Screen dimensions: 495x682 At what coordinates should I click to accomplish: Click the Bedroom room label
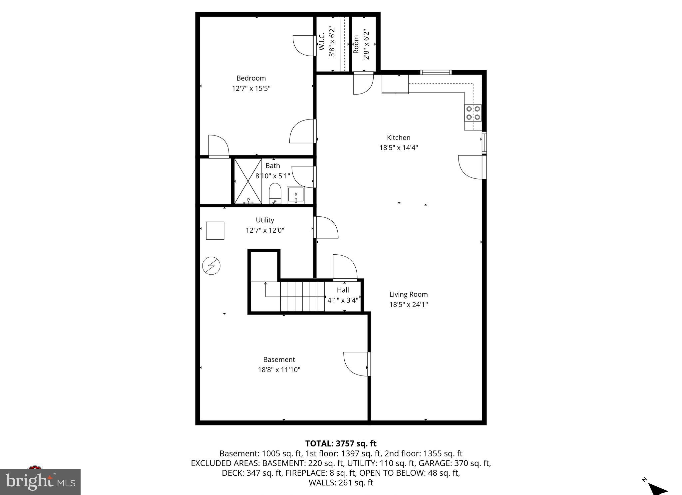(x=251, y=78)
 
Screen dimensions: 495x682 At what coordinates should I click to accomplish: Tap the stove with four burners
(x=473, y=113)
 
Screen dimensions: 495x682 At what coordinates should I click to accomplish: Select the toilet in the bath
(x=275, y=193)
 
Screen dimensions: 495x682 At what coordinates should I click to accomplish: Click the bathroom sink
(x=296, y=195)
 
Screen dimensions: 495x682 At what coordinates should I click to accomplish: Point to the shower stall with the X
(x=248, y=181)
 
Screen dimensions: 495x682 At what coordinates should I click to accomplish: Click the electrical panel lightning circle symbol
(x=211, y=266)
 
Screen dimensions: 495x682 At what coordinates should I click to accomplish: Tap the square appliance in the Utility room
(x=215, y=230)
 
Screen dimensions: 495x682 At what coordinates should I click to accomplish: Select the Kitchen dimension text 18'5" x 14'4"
(x=398, y=147)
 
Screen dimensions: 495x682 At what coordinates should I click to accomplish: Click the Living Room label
(x=408, y=294)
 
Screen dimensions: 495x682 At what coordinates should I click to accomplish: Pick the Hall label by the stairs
(x=343, y=290)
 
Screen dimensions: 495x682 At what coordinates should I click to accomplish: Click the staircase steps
(x=302, y=296)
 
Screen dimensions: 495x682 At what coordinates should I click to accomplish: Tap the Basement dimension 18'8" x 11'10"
(x=279, y=370)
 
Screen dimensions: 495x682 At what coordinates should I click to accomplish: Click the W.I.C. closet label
(x=322, y=42)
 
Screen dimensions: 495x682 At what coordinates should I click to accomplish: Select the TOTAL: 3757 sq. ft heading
(x=341, y=443)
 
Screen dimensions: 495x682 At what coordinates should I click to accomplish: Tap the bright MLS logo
(x=40, y=482)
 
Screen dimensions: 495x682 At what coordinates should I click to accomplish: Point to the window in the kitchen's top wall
(x=436, y=72)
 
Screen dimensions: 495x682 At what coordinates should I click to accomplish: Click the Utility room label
(x=265, y=220)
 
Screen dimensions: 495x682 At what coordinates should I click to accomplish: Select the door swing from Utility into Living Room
(x=326, y=227)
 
